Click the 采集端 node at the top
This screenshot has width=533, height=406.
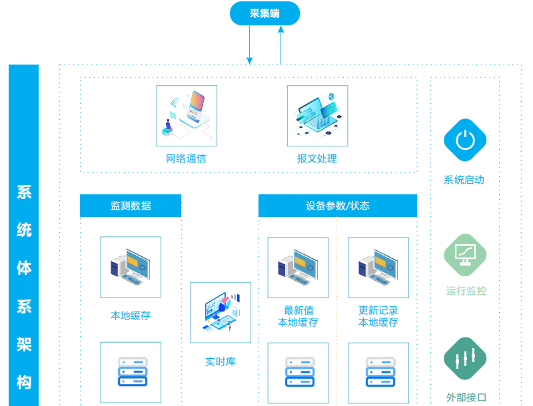click(x=265, y=14)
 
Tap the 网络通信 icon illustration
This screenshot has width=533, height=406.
click(x=187, y=115)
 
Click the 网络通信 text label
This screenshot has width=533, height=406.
click(x=186, y=159)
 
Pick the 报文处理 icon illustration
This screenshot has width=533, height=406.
click(x=317, y=115)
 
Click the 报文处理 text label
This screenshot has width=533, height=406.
click(x=317, y=159)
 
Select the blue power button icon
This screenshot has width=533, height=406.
click(x=465, y=140)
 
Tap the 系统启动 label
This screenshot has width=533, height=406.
click(x=464, y=180)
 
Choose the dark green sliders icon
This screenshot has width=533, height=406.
click(x=465, y=359)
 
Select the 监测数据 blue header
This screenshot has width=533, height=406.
click(x=131, y=206)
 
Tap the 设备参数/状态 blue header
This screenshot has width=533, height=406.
click(x=337, y=206)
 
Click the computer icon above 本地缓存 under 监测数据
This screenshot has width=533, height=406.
click(x=131, y=267)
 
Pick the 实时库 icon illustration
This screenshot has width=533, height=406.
click(x=221, y=312)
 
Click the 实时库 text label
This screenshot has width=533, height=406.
click(x=221, y=362)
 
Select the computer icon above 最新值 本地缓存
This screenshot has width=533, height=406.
click(x=298, y=267)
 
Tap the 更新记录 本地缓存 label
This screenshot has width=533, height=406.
click(x=378, y=317)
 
